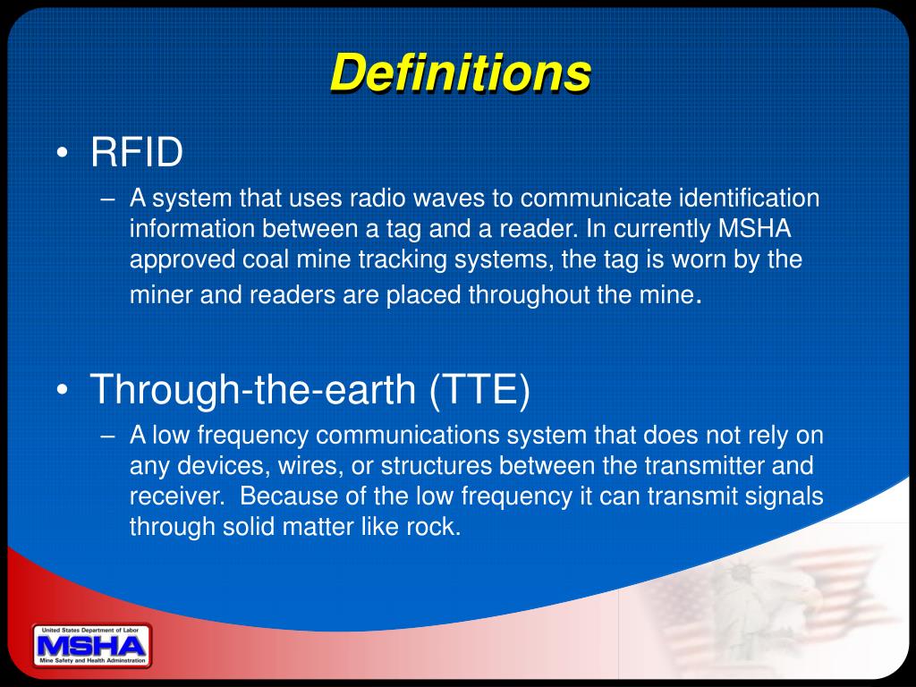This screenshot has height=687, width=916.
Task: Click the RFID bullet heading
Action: [137, 152]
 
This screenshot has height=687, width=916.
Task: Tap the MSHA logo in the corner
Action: [91, 645]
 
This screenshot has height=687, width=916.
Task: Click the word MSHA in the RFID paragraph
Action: [755, 228]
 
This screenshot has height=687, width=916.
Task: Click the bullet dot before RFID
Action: [61, 154]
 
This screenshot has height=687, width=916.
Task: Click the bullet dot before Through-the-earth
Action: [61, 391]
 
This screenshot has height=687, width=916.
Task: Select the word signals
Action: [780, 496]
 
